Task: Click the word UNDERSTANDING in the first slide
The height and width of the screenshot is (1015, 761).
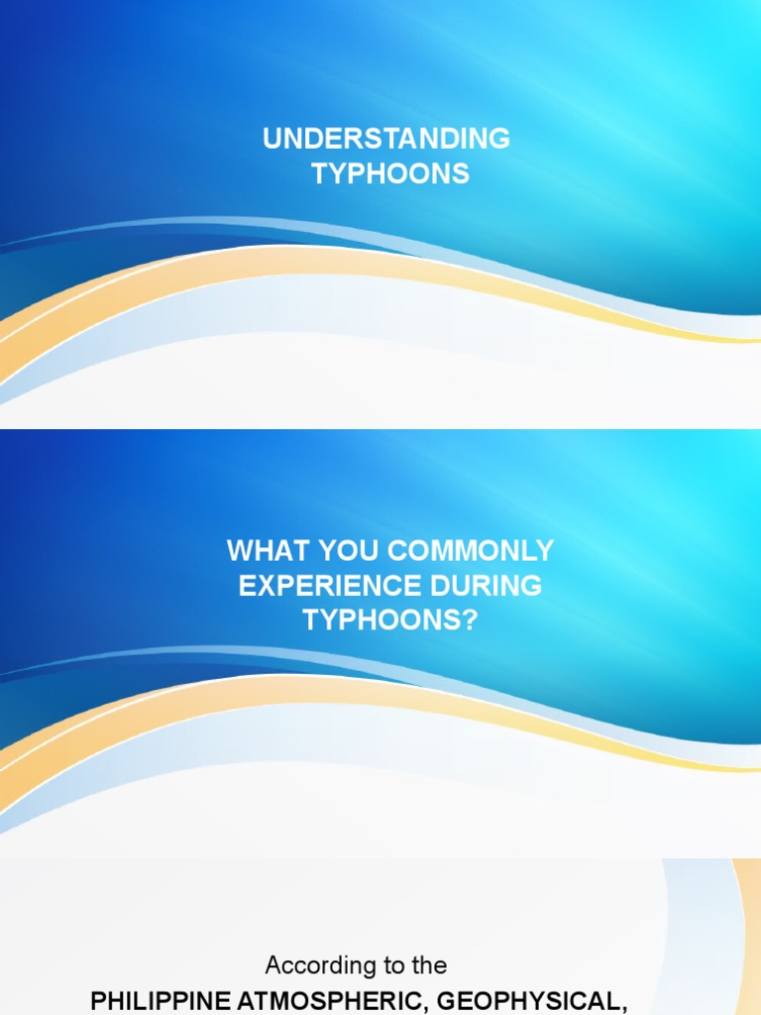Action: pos(386,139)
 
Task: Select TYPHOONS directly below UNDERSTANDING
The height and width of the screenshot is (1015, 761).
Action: pos(390,174)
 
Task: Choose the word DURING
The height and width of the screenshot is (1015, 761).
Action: pos(494,585)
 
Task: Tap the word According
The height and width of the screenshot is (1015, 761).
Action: pos(319,964)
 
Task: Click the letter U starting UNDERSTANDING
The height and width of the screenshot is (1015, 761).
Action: pos(272,139)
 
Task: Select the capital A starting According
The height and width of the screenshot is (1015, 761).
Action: pos(273,964)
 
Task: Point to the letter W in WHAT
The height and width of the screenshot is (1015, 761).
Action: pos(239,550)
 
